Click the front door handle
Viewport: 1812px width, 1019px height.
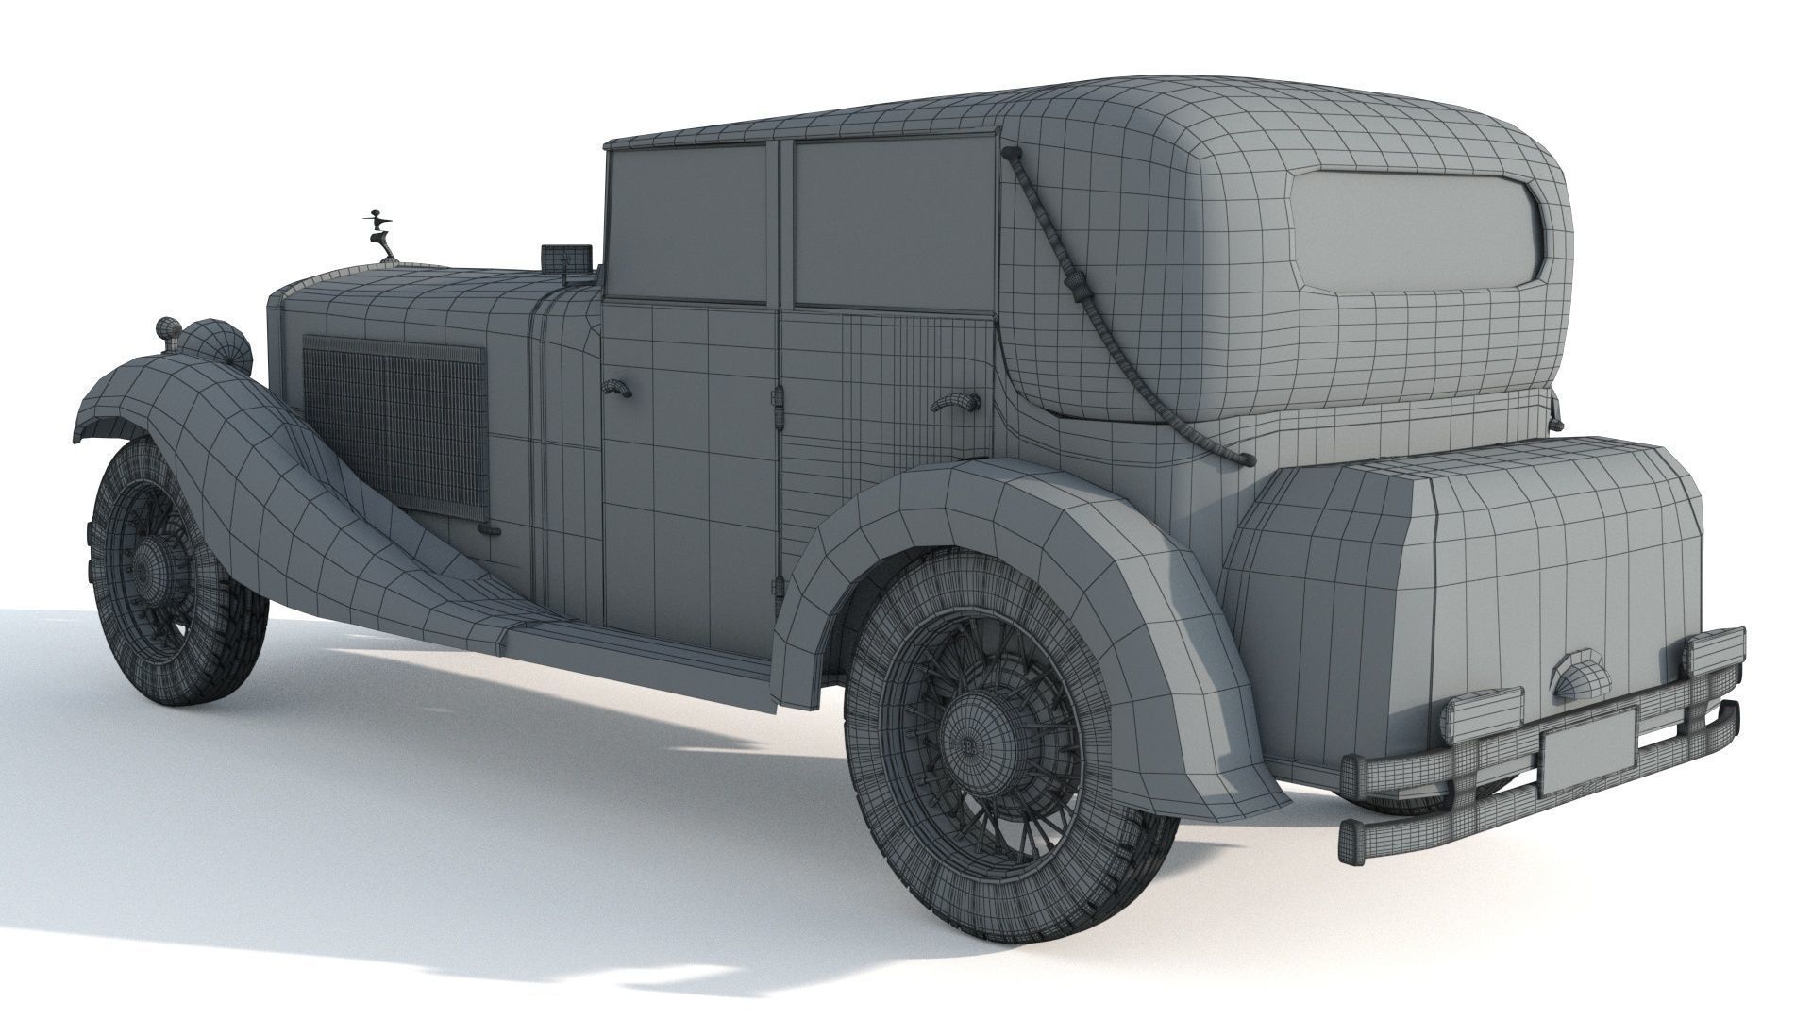point(616,388)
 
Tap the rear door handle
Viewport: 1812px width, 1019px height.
point(954,403)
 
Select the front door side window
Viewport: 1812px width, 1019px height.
point(686,225)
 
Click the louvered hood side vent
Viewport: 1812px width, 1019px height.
point(395,426)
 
